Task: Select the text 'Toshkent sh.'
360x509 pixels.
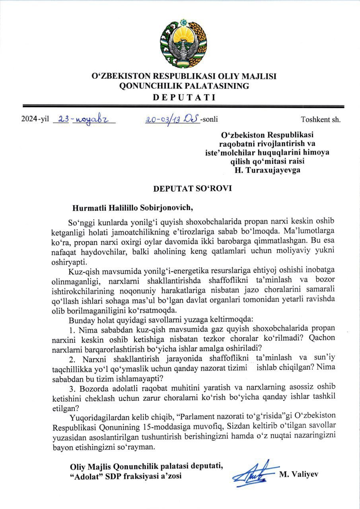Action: click(321, 119)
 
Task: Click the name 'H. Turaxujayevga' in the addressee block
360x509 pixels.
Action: click(267, 170)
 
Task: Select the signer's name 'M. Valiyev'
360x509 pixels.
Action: click(299, 474)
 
